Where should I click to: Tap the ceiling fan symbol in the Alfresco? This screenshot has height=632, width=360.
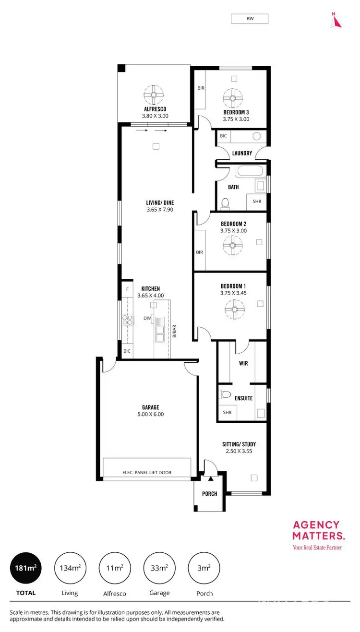(155, 95)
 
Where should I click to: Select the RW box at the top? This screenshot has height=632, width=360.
(250, 19)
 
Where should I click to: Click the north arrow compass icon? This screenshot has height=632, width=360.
(336, 20)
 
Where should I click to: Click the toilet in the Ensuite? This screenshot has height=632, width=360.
(226, 394)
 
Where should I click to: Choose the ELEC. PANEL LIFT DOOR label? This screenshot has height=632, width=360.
(147, 473)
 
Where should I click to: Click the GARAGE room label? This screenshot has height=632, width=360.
(150, 407)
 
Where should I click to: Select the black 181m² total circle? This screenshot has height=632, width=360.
(25, 568)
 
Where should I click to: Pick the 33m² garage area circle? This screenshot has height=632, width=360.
(159, 568)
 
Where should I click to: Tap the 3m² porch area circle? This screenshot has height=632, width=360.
(204, 568)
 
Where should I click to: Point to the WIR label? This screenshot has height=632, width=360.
(243, 363)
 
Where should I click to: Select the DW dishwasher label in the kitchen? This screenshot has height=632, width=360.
(147, 318)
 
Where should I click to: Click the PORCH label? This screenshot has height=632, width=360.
(210, 493)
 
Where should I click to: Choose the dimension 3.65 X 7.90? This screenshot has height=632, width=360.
(160, 210)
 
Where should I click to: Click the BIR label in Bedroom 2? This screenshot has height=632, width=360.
(199, 252)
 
